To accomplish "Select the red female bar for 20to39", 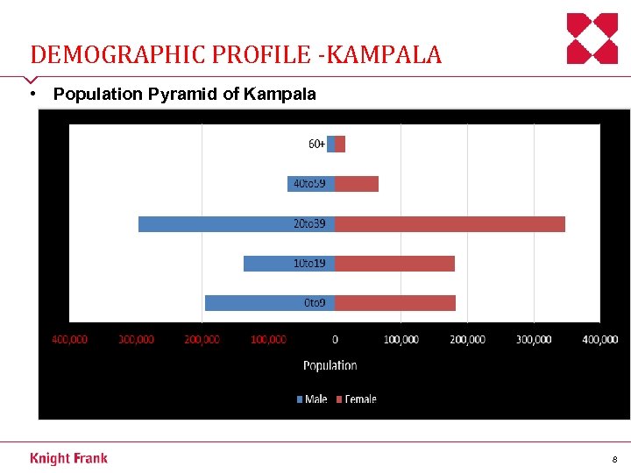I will [450, 224].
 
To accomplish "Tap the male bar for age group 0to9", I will [254, 303].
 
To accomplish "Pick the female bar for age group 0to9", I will [394, 303].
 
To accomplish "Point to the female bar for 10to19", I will [394, 264].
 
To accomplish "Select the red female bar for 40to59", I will [357, 184].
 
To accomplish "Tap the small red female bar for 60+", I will [340, 145].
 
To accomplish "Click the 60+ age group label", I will [316, 144].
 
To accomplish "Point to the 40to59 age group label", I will [309, 184].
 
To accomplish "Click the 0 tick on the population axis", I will [335, 339].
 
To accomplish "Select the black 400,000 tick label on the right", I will [599, 339].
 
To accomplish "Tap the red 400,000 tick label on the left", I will [69, 339].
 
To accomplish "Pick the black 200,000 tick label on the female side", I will [467, 339].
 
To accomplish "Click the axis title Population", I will [330, 365].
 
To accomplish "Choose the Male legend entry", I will [312, 399].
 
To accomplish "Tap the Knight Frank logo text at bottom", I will [68, 458].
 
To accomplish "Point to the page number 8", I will [614, 459].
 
